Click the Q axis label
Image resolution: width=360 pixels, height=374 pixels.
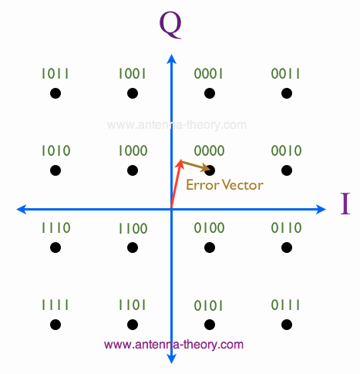[170, 25]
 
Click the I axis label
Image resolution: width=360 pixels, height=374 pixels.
[345, 204]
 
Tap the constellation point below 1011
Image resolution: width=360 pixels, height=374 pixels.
[56, 93]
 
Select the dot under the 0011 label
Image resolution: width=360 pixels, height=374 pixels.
[287, 93]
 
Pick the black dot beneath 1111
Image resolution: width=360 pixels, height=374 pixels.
[56, 325]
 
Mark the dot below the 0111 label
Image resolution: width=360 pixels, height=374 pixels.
[287, 325]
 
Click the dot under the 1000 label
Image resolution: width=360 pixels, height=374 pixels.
[133, 170]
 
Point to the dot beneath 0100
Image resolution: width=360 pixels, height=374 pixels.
[210, 248]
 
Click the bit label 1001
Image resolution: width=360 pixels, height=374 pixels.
[132, 73]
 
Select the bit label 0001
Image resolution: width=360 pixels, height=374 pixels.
[208, 73]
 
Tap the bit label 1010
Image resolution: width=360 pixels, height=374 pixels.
[56, 150]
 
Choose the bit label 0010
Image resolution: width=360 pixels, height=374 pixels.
[286, 150]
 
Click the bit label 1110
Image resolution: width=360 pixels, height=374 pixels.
[56, 227]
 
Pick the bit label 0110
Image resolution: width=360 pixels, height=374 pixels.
[286, 227]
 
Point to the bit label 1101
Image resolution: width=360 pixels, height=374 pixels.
[132, 305]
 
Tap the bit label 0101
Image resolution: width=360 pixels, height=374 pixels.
[208, 305]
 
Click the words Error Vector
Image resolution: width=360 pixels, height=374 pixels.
[224, 185]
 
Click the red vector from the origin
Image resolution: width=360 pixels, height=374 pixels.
[177, 184]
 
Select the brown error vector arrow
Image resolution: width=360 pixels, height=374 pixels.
[196, 166]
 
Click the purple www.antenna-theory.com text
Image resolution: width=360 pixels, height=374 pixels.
[173, 345]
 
